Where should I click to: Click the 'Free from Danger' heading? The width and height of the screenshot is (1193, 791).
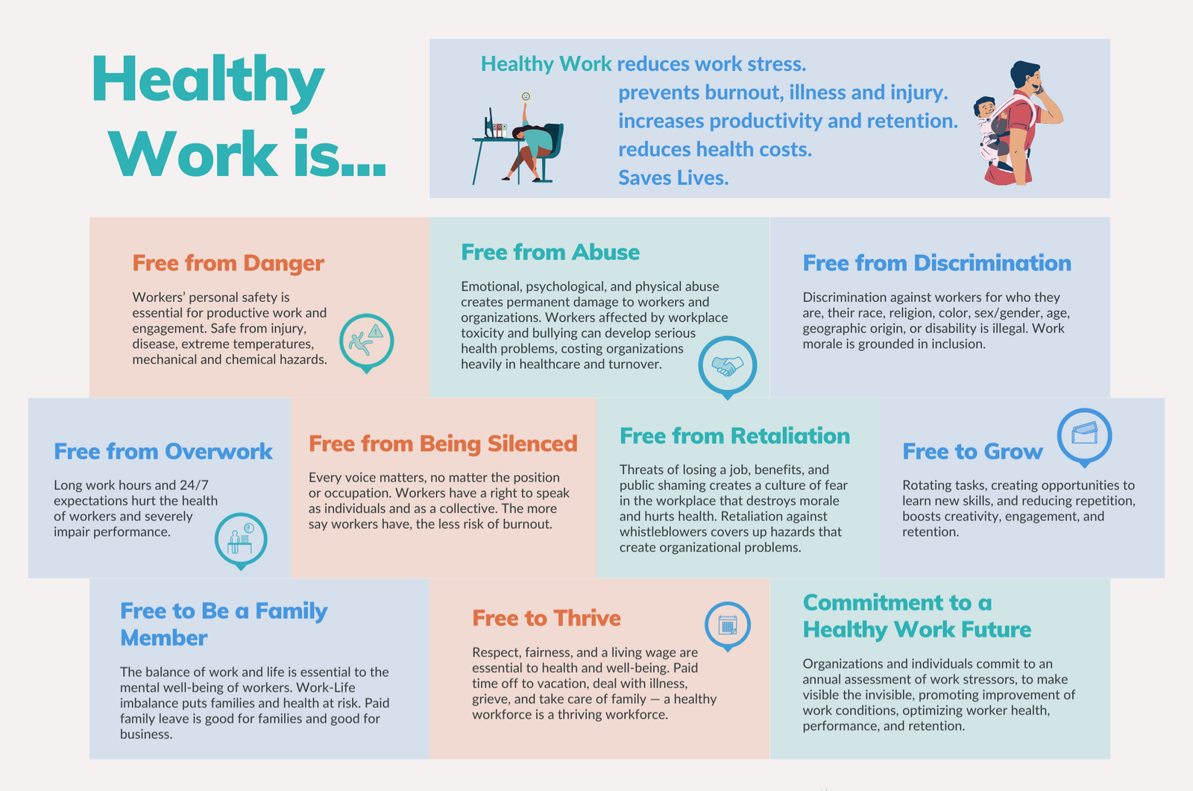tap(228, 263)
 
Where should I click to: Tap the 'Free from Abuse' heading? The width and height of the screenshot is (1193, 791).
tap(550, 252)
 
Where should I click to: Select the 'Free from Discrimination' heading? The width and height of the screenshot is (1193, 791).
tap(937, 263)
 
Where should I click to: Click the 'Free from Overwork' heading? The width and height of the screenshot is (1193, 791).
tap(163, 452)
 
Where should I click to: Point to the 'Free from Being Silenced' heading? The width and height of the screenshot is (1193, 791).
tap(443, 444)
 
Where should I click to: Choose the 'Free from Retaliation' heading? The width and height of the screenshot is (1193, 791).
tap(734, 436)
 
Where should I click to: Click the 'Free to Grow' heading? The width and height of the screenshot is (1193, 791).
tap(972, 452)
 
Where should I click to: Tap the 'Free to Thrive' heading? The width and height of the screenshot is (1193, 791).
tap(547, 618)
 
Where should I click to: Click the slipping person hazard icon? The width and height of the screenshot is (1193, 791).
tap(366, 341)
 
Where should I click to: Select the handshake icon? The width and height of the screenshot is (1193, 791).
tap(728, 365)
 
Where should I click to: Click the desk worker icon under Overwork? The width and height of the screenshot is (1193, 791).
tap(241, 539)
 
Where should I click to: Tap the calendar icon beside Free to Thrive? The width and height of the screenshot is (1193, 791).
tap(728, 625)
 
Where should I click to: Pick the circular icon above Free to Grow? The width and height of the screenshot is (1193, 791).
tap(1084, 435)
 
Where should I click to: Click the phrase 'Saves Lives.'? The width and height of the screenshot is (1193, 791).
tap(673, 177)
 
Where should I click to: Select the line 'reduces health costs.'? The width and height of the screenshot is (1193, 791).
tap(715, 149)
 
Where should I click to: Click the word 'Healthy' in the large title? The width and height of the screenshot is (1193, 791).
tap(208, 81)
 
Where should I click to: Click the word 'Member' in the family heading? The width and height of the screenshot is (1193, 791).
tap(164, 638)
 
